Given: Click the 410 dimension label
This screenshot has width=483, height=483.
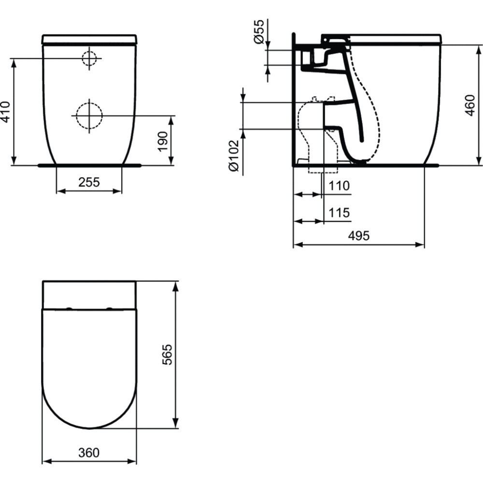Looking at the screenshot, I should (x=5, y=112).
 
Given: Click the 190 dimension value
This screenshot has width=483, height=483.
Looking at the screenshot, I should (x=163, y=141).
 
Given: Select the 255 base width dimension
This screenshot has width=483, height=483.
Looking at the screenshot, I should (x=89, y=182).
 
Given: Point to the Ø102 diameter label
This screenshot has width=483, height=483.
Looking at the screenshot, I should (x=233, y=156).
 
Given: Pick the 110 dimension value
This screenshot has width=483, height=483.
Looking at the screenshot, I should (x=340, y=185).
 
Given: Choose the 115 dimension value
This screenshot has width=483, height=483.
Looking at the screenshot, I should (x=340, y=213).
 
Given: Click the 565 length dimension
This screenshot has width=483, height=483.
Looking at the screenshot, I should (x=167, y=355).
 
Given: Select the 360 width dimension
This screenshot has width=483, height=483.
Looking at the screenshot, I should (x=89, y=453).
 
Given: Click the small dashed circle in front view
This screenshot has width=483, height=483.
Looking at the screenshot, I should (x=89, y=58).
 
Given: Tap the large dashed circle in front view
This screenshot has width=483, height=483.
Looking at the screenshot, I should (x=89, y=115).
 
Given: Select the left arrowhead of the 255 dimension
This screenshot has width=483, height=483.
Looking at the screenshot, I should (x=59, y=191).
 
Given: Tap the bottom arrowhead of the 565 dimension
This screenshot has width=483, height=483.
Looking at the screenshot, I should (x=176, y=426).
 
